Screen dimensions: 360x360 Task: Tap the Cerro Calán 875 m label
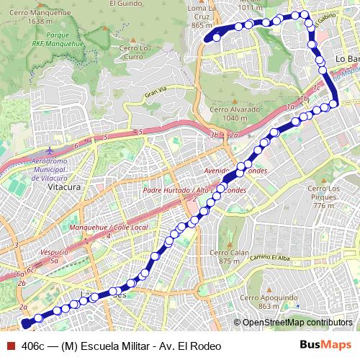224,257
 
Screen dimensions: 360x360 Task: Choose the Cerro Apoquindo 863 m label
258,302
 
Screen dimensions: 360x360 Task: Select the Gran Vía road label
155,94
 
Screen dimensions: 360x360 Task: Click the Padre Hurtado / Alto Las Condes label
194,191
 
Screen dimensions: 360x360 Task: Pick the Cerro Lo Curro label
135,53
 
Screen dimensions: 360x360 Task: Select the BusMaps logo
325,345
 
